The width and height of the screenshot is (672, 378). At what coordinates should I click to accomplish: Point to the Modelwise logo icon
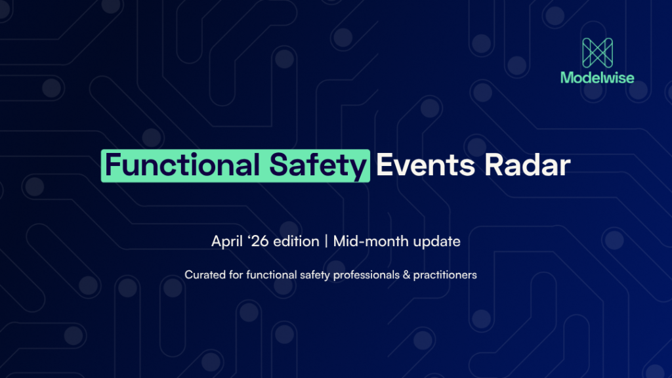[x=597, y=52]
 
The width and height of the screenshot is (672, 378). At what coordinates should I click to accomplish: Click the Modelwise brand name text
[x=597, y=78]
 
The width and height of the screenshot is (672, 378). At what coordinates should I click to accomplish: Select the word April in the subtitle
[x=226, y=241]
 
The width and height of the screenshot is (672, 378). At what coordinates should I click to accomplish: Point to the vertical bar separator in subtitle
[x=326, y=241]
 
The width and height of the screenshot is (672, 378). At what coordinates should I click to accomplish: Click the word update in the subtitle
[x=437, y=241]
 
